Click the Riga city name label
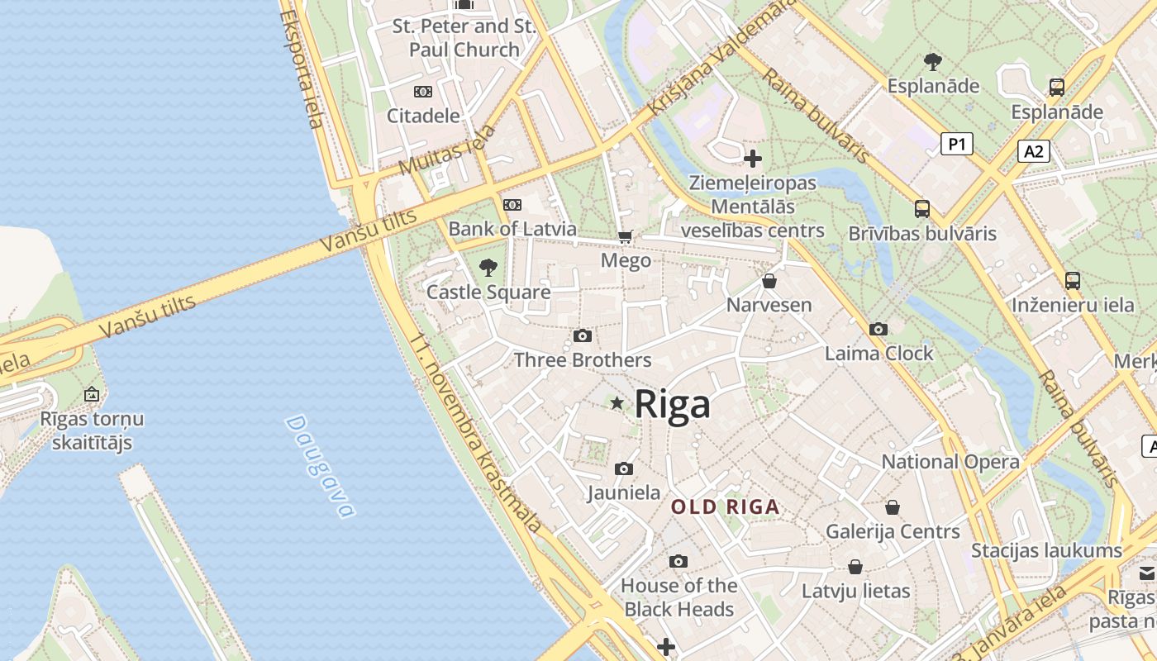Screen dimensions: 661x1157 [x=672, y=405]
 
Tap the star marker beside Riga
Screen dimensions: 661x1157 [x=617, y=403]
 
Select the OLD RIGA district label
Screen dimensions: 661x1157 [x=726, y=507]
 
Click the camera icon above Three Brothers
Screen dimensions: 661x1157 [x=583, y=335]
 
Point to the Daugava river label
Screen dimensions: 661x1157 [x=320, y=466]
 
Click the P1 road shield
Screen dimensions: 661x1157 [x=956, y=144]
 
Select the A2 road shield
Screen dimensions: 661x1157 [x=1033, y=151]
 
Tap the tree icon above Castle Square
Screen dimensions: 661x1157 [x=488, y=267]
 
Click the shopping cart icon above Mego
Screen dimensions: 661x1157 [x=626, y=237]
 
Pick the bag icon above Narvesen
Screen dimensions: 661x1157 [x=769, y=281]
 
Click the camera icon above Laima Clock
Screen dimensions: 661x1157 [x=878, y=329]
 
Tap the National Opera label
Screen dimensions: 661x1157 [x=950, y=462]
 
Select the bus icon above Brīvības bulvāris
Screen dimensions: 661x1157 [x=922, y=209]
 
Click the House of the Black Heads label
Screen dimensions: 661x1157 [x=678, y=597]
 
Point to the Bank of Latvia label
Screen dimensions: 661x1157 [x=512, y=229]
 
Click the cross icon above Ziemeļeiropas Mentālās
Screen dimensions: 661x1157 [x=753, y=158]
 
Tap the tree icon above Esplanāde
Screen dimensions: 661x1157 [x=933, y=61]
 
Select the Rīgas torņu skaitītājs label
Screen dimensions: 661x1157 [x=92, y=430]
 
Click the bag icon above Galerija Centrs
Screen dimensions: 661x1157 [x=893, y=506]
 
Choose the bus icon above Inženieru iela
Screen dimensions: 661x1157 [x=1073, y=281]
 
